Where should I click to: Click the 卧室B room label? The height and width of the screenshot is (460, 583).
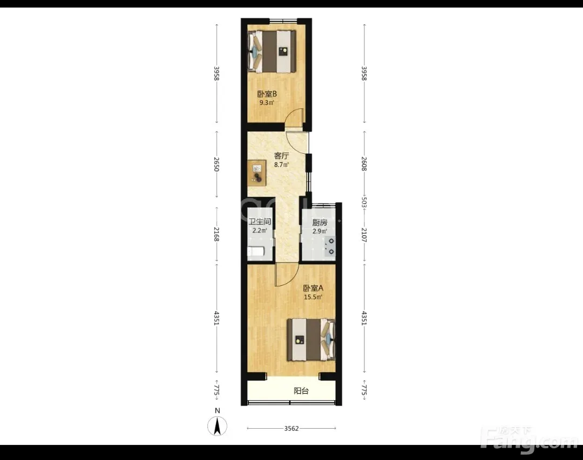click(x=267, y=94)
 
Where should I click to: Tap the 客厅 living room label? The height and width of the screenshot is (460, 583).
click(x=281, y=156)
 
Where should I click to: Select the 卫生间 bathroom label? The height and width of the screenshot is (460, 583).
click(x=260, y=222)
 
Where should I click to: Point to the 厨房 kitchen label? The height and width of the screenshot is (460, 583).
click(x=320, y=223)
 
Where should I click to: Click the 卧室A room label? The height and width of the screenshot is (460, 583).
click(x=313, y=288)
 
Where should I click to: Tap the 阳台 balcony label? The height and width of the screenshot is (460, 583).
click(x=301, y=391)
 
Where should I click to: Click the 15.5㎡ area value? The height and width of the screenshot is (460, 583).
click(x=313, y=297)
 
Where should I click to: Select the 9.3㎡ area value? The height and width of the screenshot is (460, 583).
click(x=267, y=102)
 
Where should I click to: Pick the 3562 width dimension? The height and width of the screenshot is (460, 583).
click(x=291, y=428)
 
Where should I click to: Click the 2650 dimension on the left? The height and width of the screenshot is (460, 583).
click(x=217, y=164)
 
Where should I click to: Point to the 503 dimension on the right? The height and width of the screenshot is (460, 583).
click(x=364, y=203)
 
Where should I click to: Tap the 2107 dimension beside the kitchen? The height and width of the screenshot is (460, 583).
click(x=364, y=235)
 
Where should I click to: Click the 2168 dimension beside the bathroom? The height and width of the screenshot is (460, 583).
click(x=217, y=235)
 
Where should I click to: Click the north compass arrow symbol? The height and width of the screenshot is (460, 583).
click(x=218, y=426)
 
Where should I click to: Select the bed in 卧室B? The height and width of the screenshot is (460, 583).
click(x=272, y=51)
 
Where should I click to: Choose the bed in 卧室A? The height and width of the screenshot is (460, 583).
click(x=311, y=340)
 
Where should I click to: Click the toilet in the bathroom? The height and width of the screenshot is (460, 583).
click(x=256, y=251)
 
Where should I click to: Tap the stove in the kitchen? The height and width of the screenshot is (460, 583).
click(x=329, y=246)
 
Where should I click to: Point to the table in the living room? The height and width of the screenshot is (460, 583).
click(x=257, y=173)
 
